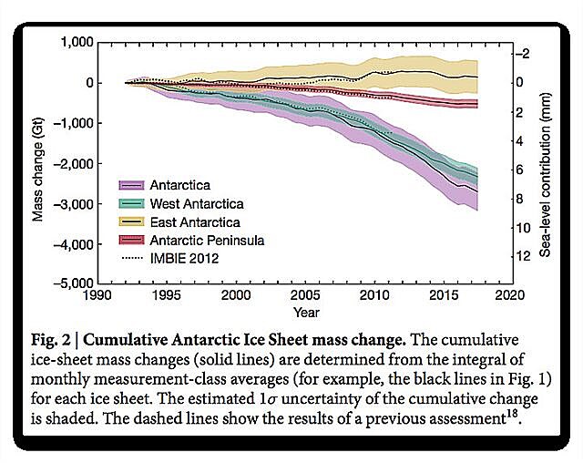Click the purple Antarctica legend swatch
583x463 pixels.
coord(132,184)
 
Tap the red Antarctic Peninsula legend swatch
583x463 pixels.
coord(132,240)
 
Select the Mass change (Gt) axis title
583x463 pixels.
coord(39,162)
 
